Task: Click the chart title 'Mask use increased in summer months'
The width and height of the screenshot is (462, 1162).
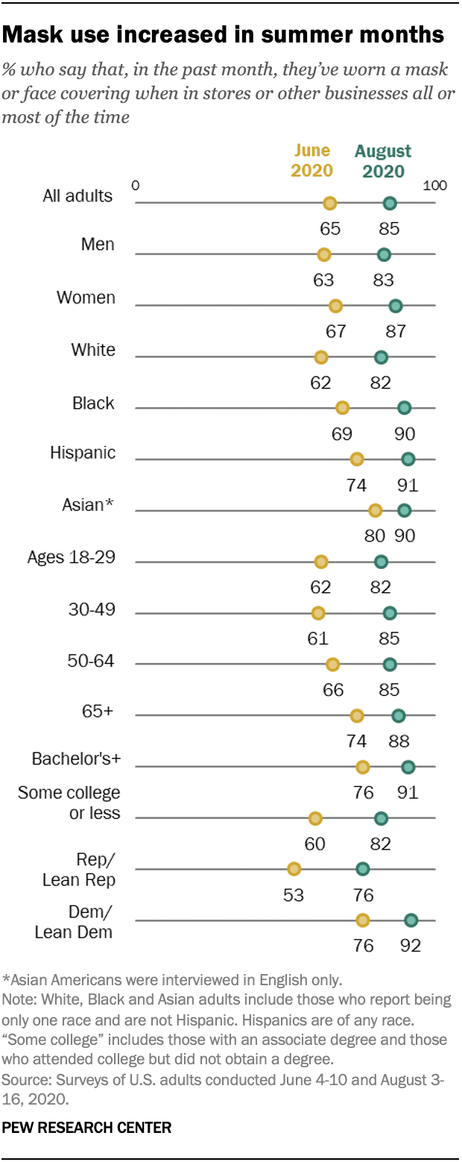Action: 224,34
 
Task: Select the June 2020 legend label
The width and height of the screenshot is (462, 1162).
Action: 311,160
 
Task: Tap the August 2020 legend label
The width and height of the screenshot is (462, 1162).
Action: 383,160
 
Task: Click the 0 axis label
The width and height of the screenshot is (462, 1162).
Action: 136,184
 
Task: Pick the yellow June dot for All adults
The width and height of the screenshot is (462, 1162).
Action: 329,203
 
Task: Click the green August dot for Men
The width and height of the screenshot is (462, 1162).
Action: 384,254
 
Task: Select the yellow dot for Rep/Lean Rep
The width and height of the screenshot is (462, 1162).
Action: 294,869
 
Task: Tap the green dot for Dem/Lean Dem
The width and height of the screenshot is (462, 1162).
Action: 411,920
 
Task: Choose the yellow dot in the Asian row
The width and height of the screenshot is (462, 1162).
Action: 375,510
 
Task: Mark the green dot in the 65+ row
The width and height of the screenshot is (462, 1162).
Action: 399,716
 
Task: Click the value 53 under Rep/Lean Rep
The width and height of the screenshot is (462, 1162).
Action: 294,894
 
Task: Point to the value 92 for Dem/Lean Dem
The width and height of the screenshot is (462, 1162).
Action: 410,946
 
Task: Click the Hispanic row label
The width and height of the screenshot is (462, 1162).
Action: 83,452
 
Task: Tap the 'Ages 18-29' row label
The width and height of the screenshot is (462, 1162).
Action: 71,557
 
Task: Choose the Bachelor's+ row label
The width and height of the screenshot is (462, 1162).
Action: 76,759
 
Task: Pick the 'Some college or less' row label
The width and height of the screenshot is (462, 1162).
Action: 69,802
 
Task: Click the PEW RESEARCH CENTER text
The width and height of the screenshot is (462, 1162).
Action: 86,1128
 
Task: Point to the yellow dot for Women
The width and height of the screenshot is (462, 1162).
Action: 335,305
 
